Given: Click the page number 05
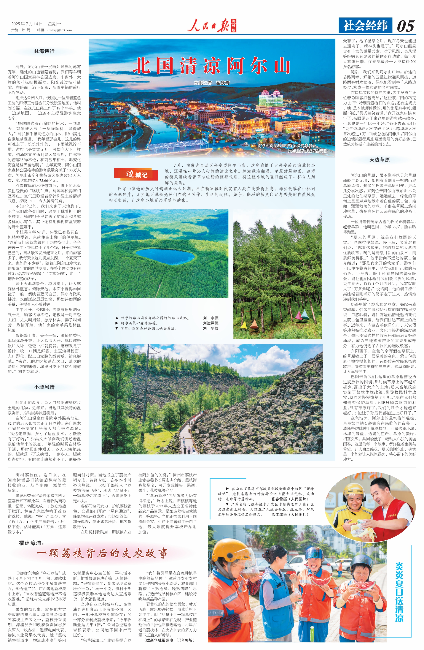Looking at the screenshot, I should [x=405, y=26].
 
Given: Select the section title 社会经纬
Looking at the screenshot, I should [x=365, y=26].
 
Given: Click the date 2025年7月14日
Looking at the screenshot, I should [x=27, y=24].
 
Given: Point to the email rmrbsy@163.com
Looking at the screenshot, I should [x=59, y=30].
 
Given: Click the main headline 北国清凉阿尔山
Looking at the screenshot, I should [x=211, y=66].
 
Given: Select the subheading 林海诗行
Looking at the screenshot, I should [x=44, y=51].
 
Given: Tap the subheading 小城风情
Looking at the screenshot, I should [x=44, y=387].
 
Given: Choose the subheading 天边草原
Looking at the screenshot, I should [x=379, y=160].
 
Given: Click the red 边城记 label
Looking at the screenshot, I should [x=136, y=174].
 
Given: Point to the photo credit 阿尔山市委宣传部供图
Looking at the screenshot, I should [x=308, y=151].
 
